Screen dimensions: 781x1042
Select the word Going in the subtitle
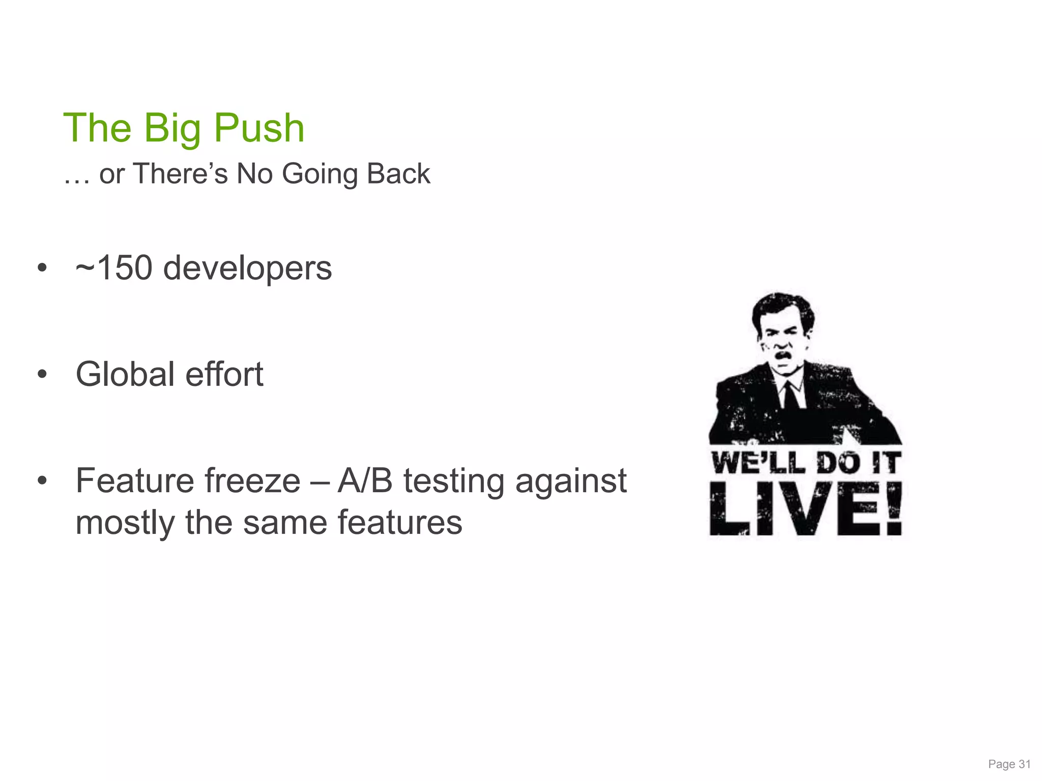(320, 174)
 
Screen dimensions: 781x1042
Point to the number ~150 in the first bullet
(113, 268)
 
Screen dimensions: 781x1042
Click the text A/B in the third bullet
(365, 481)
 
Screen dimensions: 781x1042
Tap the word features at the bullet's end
(400, 523)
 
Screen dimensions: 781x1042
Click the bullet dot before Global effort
(42, 375)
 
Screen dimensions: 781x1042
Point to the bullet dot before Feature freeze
(42, 481)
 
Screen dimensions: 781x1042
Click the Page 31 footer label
(1009, 764)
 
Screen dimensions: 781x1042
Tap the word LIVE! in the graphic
(805, 509)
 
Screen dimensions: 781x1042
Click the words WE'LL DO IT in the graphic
(805, 463)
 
